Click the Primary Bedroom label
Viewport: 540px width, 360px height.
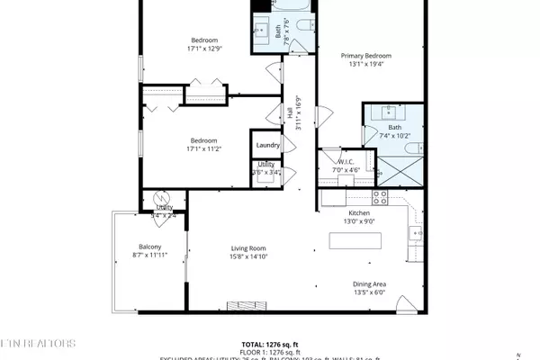pyautogui.click(x=367, y=56)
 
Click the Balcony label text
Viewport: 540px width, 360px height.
pyautogui.click(x=149, y=247)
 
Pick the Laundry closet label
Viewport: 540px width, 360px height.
pyautogui.click(x=267, y=145)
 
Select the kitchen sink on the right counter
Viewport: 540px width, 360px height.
pyautogui.click(x=416, y=234)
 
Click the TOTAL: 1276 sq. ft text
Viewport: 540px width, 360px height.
pyautogui.click(x=270, y=344)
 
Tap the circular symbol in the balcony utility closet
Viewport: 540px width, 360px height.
pyautogui.click(x=163, y=199)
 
